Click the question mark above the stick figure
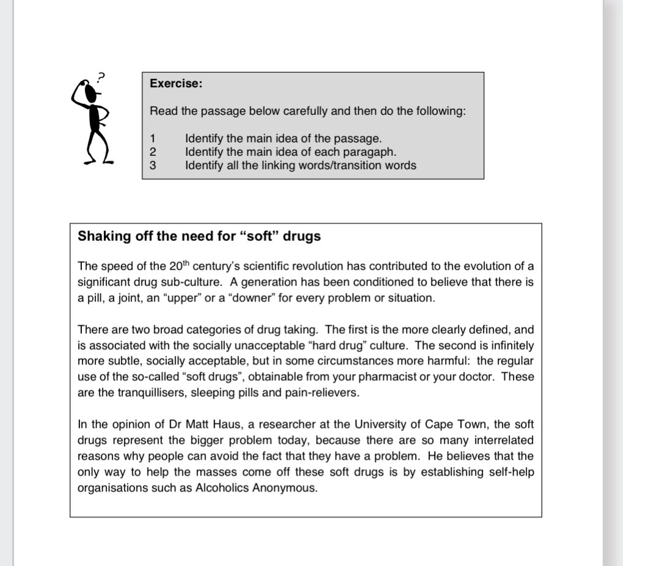coord(102,76)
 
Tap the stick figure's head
coord(90,92)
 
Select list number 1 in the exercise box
coord(153,139)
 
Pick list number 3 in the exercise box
coord(153,165)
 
